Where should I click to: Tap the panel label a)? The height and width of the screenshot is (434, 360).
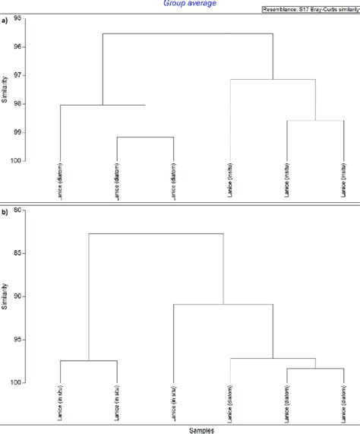(5, 21)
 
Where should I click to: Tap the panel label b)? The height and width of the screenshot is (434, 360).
(5, 213)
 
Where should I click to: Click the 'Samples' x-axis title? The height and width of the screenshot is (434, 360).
(201, 429)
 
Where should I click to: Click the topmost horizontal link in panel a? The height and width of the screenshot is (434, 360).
(188, 33)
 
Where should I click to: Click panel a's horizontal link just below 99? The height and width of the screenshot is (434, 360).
(145, 137)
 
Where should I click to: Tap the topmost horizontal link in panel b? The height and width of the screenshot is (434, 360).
(156, 233)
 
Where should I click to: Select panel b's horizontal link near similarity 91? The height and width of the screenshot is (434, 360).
(223, 304)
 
